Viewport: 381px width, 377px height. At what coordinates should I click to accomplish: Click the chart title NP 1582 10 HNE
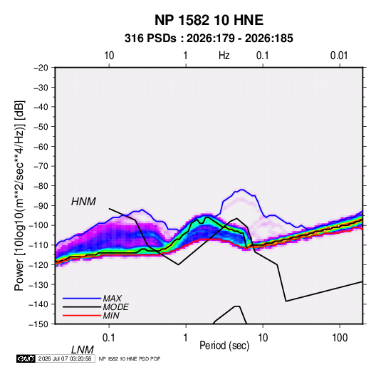(x=209, y=20)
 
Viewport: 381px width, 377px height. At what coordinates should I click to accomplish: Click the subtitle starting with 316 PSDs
(x=209, y=38)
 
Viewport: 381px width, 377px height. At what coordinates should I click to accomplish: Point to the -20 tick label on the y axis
(x=41, y=68)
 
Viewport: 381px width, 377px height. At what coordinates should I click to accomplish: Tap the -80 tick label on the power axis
(x=41, y=186)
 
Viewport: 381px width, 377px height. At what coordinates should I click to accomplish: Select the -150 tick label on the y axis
(x=38, y=324)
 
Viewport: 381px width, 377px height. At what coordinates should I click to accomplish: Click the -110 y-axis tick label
(x=38, y=245)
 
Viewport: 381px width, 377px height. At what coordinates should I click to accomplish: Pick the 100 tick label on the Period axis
(x=339, y=338)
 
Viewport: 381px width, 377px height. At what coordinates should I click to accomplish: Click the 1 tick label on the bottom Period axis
(x=186, y=338)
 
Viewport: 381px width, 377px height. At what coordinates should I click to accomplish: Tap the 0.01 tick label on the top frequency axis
(x=339, y=56)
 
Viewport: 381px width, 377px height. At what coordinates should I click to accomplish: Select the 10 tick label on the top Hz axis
(x=109, y=56)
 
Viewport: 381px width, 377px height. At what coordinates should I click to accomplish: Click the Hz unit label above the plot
(x=224, y=56)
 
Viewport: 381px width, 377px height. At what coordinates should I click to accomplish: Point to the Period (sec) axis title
(x=224, y=346)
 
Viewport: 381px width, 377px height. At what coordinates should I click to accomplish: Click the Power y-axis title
(x=19, y=195)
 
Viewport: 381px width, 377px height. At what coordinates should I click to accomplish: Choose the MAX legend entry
(x=112, y=298)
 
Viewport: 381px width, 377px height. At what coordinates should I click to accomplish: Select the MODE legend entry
(x=115, y=307)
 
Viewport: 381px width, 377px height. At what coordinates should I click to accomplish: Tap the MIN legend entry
(x=111, y=316)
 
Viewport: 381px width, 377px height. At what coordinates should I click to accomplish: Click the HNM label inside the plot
(x=83, y=202)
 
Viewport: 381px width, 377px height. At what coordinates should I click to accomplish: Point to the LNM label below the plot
(x=83, y=350)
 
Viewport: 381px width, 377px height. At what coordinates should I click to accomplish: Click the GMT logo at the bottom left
(x=26, y=358)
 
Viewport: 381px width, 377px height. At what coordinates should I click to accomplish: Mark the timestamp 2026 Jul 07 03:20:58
(x=65, y=358)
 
